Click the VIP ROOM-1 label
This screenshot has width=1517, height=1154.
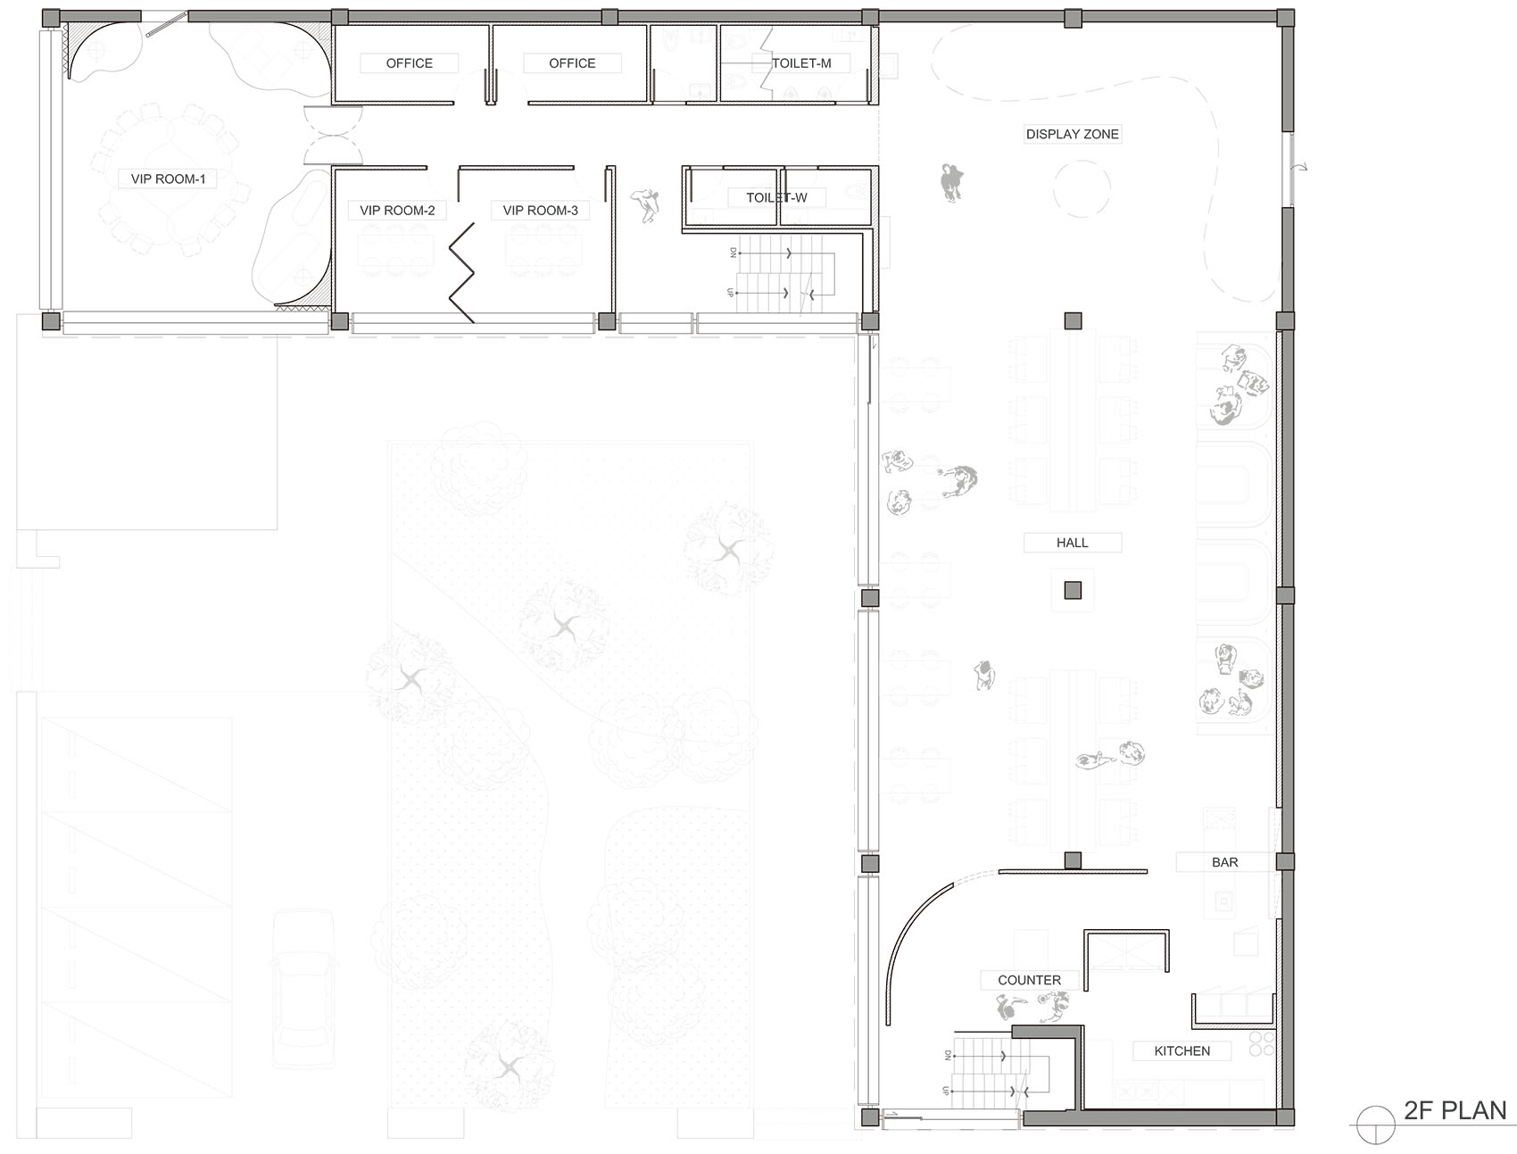pyautogui.click(x=168, y=178)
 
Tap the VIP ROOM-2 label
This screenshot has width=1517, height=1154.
pyautogui.click(x=397, y=211)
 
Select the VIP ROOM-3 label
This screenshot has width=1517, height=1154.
pyautogui.click(x=540, y=211)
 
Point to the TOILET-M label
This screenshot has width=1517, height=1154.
pyautogui.click(x=801, y=63)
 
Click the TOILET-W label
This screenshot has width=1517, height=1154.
pyautogui.click(x=776, y=197)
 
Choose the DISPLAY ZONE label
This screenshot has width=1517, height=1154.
pyautogui.click(x=1072, y=134)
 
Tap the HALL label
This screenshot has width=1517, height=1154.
pyautogui.click(x=1072, y=543)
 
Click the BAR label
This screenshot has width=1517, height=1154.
pyautogui.click(x=1224, y=862)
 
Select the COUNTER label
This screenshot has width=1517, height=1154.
pyautogui.click(x=1029, y=980)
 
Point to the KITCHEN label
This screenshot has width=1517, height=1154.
pyautogui.click(x=1181, y=1051)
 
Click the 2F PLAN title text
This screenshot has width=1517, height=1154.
pyautogui.click(x=1455, y=1110)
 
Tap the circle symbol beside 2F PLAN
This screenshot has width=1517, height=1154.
pyautogui.click(x=1375, y=1125)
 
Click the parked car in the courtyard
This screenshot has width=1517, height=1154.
pyautogui.click(x=303, y=989)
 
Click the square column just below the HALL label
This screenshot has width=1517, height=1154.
pyautogui.click(x=1073, y=590)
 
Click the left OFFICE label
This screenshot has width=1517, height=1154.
pyautogui.click(x=409, y=63)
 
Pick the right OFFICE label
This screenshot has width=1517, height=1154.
pyautogui.click(x=572, y=63)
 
